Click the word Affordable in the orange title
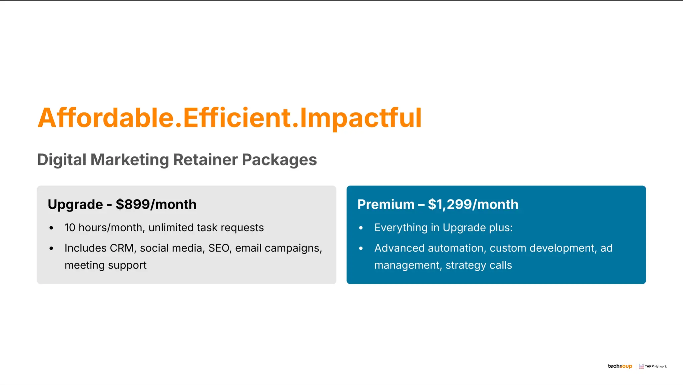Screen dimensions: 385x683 pos(105,118)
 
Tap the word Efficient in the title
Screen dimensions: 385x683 pos(237,118)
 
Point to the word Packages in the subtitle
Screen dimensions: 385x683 pos(279,160)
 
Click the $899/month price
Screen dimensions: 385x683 pos(156,205)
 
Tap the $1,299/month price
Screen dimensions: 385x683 pos(473,205)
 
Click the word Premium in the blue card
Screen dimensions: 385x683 pos(386,205)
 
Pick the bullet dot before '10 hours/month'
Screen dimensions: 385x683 pos(51,228)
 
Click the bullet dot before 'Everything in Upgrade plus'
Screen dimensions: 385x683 pos(361,228)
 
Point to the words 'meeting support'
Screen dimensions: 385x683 pos(105,265)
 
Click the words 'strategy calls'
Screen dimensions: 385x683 pos(479,265)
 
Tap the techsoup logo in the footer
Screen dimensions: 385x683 pos(620,366)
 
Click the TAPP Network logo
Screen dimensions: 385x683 pos(653,366)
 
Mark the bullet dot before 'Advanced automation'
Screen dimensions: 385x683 pos(361,249)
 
